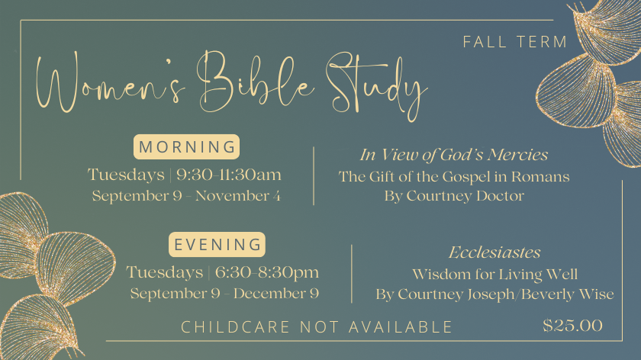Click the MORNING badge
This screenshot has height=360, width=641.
[x=186, y=146]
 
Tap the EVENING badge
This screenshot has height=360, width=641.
[x=217, y=244]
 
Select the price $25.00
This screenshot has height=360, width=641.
[x=572, y=326]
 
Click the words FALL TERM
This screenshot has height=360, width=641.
[x=515, y=42]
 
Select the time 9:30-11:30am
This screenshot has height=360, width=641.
[x=229, y=175]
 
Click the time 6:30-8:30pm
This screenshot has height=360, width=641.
[x=267, y=272]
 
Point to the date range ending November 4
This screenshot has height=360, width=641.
[x=186, y=196]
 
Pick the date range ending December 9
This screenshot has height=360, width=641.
[x=224, y=294]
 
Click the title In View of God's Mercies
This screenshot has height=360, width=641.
[x=454, y=155]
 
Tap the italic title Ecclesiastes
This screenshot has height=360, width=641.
[x=494, y=252]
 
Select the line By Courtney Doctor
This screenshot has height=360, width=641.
[x=454, y=196]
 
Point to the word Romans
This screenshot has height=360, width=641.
[x=540, y=176]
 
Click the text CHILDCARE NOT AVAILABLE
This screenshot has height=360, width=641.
[x=317, y=327]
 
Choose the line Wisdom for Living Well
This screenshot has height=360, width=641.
[x=494, y=274]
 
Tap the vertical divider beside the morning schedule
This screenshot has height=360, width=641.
[x=314, y=175]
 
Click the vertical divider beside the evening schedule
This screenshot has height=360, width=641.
[x=352, y=274]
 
